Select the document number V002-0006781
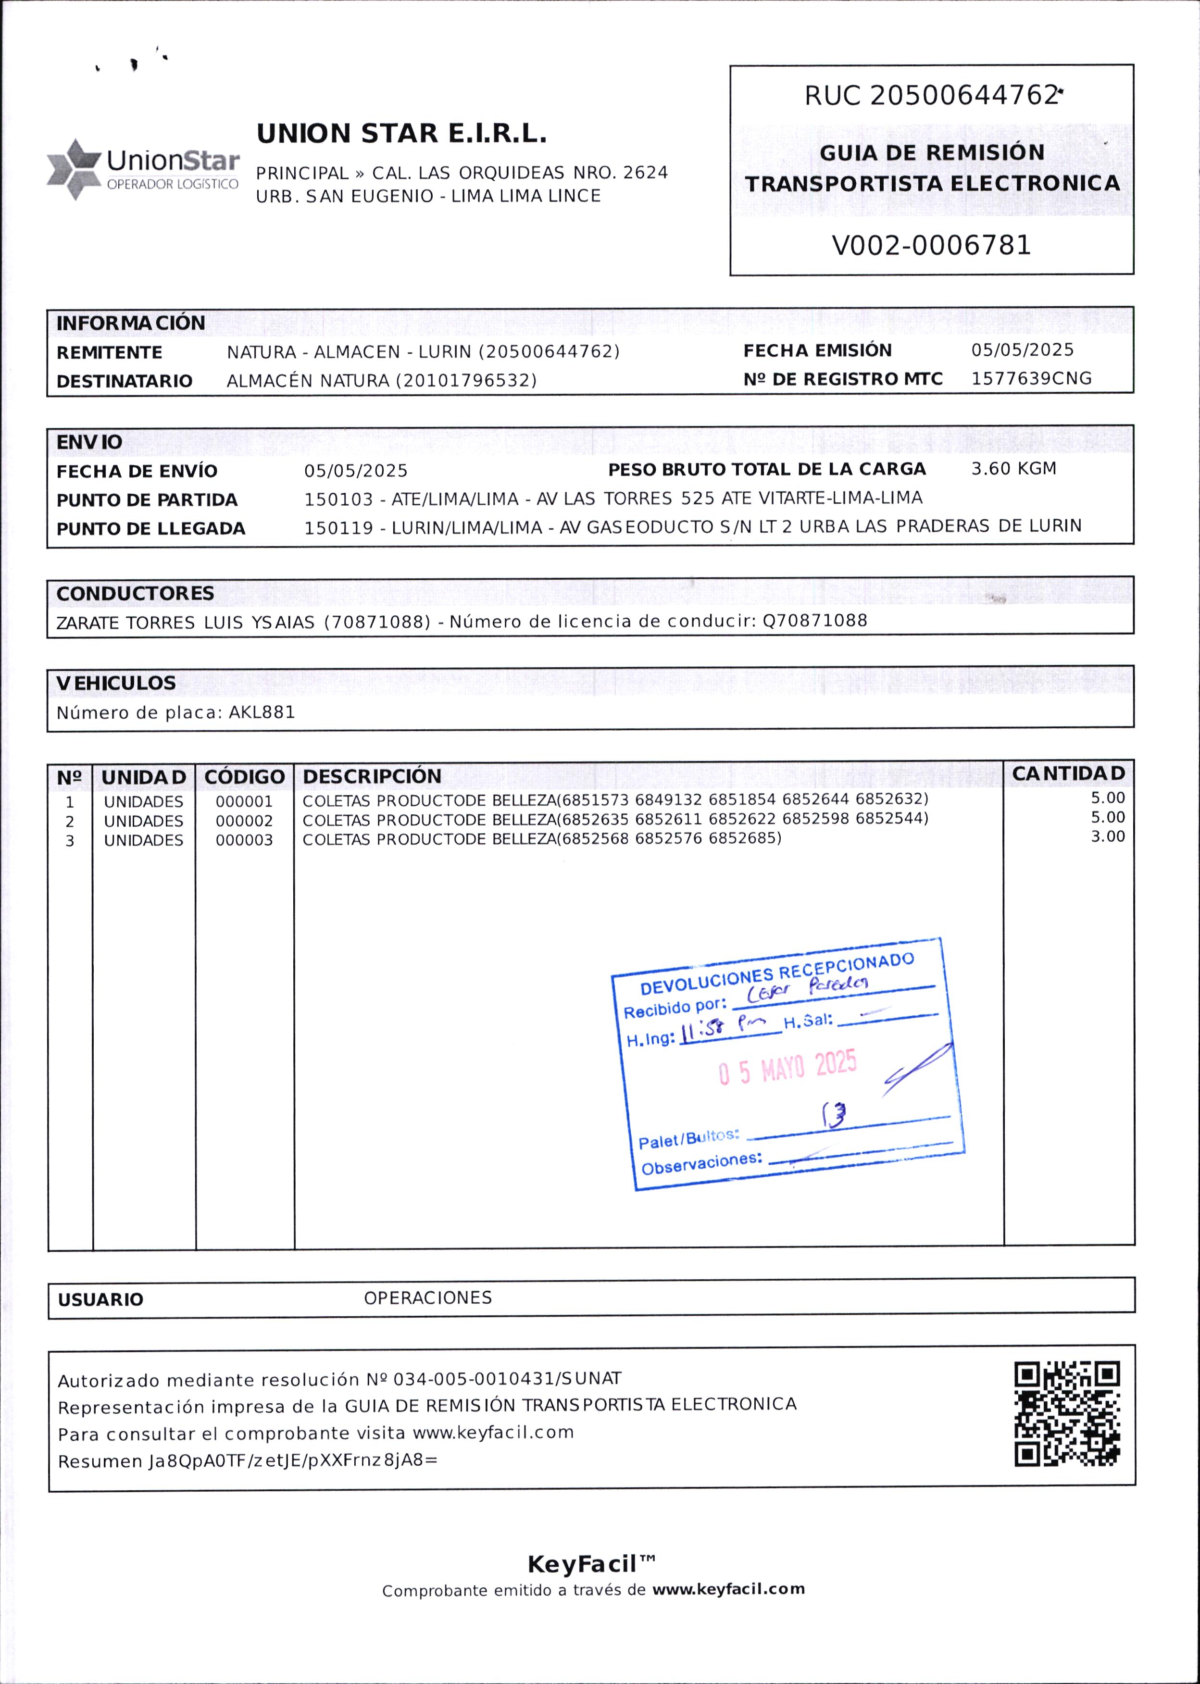[x=931, y=245]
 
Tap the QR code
[x=1066, y=1413]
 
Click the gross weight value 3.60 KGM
[x=1013, y=469]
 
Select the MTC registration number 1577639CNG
[x=1031, y=378]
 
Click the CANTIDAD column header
[x=1068, y=773]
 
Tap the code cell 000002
[x=244, y=821]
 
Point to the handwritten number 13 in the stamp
[x=834, y=1114]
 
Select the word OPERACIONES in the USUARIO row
[x=428, y=1297]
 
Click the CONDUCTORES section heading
[x=135, y=593]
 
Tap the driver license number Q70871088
[x=814, y=620]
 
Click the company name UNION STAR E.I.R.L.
[x=401, y=134]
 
